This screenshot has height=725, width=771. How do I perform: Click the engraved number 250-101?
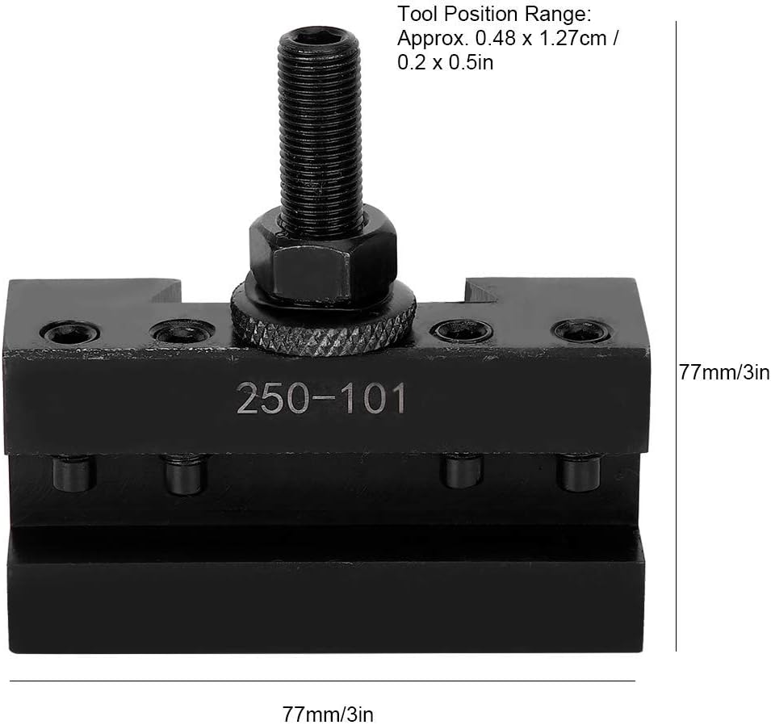(321, 398)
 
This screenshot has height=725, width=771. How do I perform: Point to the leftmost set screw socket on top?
(72, 333)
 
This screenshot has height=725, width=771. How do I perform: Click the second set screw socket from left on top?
(183, 333)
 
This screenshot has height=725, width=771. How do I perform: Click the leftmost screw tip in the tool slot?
(73, 474)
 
